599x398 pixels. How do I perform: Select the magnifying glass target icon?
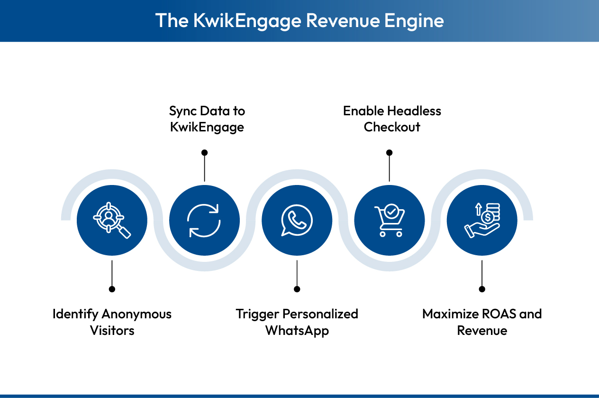click(112, 220)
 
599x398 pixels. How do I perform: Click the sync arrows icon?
click(204, 220)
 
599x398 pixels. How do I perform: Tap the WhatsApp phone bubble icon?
click(297, 220)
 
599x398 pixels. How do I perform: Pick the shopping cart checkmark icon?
click(390, 220)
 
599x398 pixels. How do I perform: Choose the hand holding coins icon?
click(482, 220)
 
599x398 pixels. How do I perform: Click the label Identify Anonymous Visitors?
click(112, 322)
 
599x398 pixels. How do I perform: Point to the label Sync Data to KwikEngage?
click(207, 119)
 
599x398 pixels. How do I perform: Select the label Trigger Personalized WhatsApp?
click(297, 322)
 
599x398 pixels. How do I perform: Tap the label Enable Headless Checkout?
click(392, 119)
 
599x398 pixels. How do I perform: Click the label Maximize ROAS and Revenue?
click(482, 322)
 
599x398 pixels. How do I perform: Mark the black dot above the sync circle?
click(204, 153)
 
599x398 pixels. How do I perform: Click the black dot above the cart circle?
click(390, 153)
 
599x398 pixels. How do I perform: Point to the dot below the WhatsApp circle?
click(297, 289)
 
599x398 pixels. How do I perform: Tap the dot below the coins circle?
click(482, 289)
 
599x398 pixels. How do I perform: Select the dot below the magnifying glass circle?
click(112, 289)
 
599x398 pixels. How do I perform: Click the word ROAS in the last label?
click(497, 314)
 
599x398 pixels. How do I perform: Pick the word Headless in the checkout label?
click(414, 111)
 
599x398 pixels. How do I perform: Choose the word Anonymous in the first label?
click(136, 314)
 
